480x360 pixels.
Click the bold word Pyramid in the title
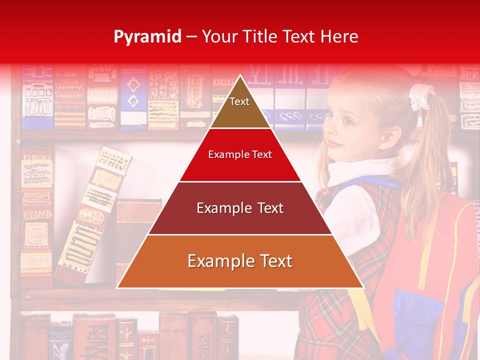tap(147, 37)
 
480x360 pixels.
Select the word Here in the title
tap(339, 37)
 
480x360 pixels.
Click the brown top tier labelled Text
tap(239, 107)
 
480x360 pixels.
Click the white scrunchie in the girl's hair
tap(418, 97)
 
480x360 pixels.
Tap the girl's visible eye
tap(347, 120)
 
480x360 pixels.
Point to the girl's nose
tap(331, 131)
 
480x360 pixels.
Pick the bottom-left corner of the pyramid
tap(118, 287)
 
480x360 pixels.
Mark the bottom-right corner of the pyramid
tap(362, 287)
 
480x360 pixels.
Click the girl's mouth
tap(336, 144)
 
